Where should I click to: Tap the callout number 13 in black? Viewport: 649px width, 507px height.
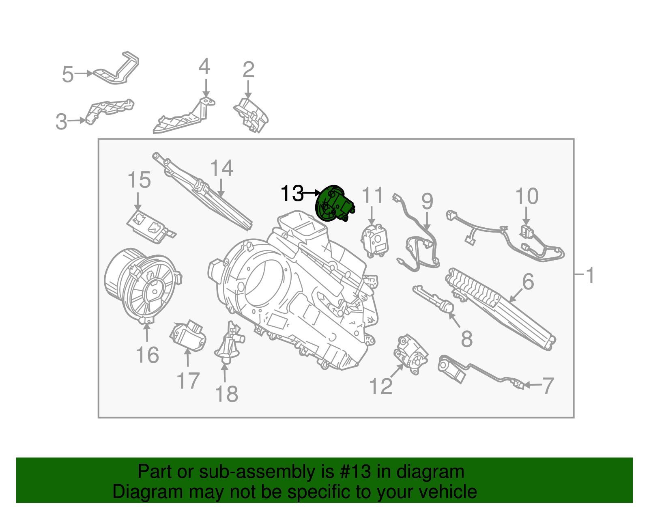292,193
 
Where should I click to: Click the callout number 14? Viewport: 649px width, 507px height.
221,168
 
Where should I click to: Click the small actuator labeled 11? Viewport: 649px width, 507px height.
374,240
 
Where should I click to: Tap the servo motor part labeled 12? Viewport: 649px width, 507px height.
411,353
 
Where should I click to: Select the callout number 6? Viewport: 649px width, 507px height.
528,281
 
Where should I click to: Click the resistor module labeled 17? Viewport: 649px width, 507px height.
187,337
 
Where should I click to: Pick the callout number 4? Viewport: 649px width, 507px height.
204,67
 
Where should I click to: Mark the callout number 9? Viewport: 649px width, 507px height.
427,201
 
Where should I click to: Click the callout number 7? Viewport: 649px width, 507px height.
548,385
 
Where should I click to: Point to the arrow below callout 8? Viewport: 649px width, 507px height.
455,320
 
